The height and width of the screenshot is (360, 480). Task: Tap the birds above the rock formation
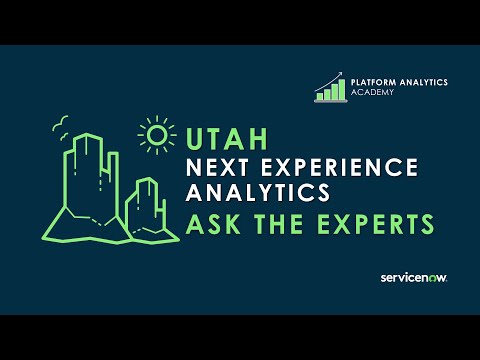click(63, 123)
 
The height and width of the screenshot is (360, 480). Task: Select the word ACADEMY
click(371, 92)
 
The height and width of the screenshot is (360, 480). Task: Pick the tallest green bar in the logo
click(343, 90)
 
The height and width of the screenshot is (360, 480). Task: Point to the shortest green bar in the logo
click(320, 97)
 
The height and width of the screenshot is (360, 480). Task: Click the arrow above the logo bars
click(333, 78)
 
